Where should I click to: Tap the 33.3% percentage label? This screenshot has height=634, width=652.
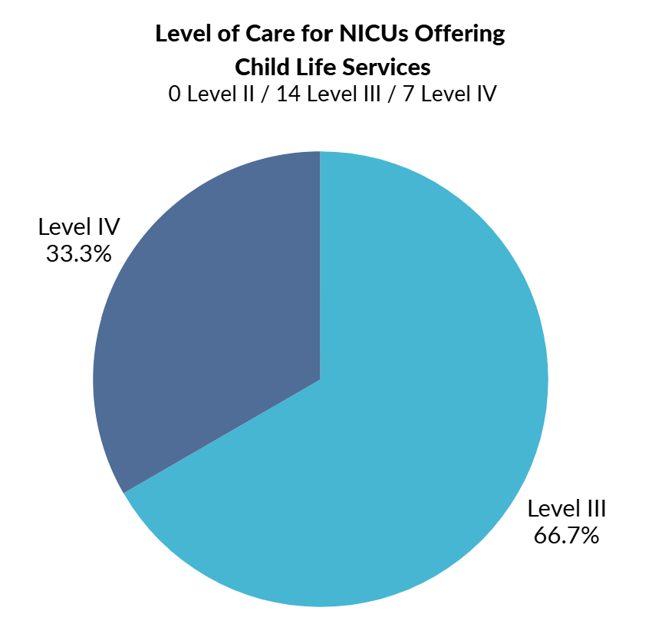(79, 254)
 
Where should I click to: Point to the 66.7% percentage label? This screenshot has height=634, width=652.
(566, 535)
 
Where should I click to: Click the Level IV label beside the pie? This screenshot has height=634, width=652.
(79, 228)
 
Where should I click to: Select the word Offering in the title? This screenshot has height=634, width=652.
(465, 35)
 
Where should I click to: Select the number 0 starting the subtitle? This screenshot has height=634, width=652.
(175, 94)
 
